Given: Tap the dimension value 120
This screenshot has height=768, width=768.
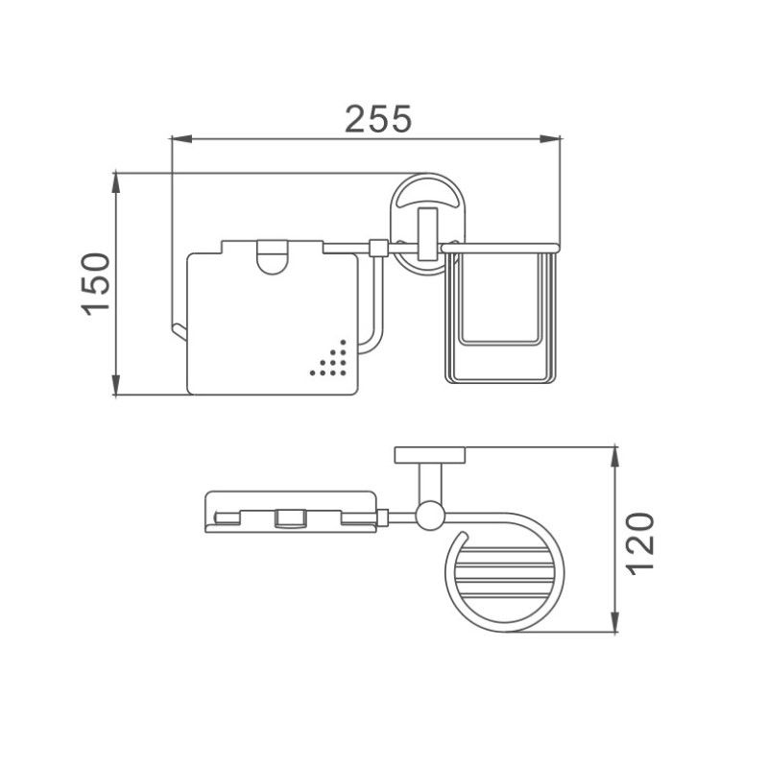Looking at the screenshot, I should (642, 543).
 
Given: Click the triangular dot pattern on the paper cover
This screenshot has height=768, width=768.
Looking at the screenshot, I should (329, 360).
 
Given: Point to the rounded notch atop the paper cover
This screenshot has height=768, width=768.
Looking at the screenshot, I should (273, 257).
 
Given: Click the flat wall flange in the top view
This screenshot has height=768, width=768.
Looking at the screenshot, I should (429, 454).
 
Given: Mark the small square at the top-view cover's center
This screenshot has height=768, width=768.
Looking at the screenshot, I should (287, 518).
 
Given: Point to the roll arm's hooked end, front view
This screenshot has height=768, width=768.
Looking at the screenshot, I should (178, 332).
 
